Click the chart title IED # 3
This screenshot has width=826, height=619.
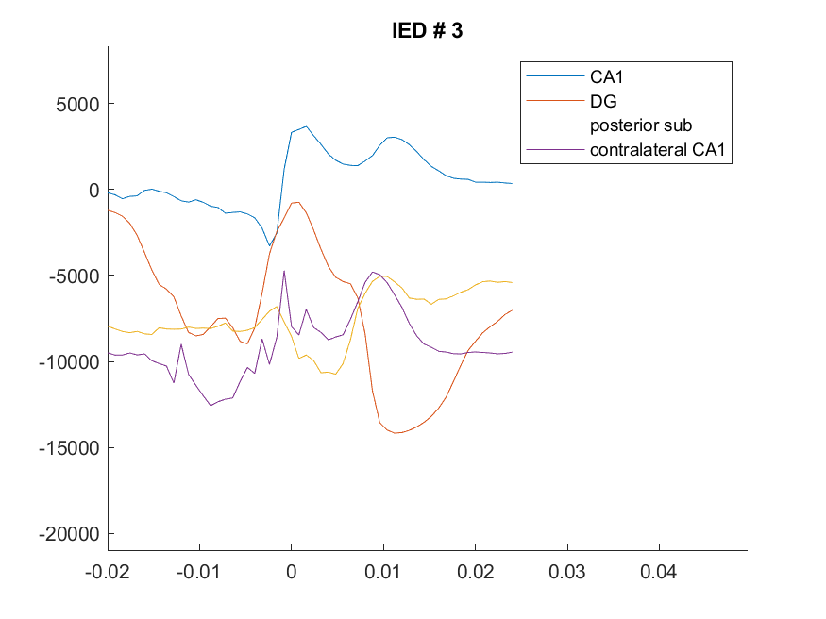tap(428, 30)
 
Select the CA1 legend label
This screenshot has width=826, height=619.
tap(606, 76)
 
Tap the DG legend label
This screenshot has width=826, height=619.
tap(603, 101)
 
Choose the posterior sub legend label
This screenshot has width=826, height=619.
tap(641, 125)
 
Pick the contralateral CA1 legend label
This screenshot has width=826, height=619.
tap(657, 149)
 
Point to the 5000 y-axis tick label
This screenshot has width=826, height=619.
tap(77, 104)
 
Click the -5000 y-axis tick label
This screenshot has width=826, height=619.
tap(74, 276)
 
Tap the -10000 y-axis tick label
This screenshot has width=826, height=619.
tap(69, 362)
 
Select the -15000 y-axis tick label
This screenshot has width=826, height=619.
tap(69, 448)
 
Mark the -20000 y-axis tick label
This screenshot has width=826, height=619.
tap(69, 534)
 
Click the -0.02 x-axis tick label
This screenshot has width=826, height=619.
tap(108, 572)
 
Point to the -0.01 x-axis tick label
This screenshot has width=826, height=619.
tap(198, 572)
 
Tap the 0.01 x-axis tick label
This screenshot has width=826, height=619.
tap(382, 572)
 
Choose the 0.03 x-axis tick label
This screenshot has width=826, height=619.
tap(566, 572)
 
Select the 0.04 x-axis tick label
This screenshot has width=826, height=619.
tap(659, 572)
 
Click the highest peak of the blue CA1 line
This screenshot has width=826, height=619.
tap(307, 126)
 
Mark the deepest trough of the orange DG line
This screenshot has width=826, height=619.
tap(396, 433)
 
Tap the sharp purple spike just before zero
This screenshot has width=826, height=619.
tap(284, 271)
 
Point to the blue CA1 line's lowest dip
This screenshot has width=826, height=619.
tap(269, 246)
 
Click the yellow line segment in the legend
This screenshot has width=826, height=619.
tap(555, 125)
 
